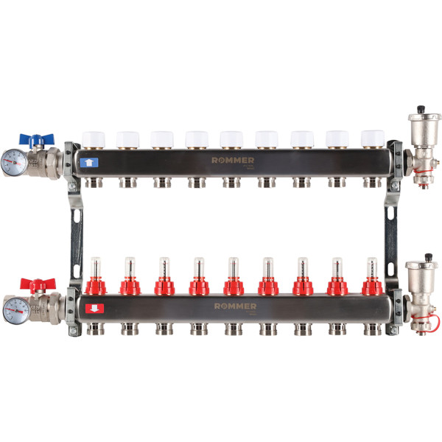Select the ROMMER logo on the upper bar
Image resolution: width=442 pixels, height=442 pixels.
click(x=234, y=160)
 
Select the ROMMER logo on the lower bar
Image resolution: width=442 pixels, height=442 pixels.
click(x=235, y=305)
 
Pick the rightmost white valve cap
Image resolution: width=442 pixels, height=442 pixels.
click(x=372, y=139)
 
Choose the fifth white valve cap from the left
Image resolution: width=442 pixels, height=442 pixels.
click(x=232, y=139)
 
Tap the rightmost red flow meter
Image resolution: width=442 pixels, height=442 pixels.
click(x=372, y=283)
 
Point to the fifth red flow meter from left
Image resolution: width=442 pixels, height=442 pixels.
click(x=234, y=283)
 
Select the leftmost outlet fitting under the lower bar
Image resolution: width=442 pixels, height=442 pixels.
click(x=94, y=328)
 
